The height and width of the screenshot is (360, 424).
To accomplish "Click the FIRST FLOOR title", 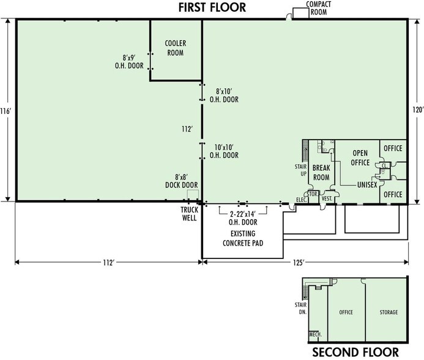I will coord(212,7).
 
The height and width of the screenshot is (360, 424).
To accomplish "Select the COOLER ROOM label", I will coord(176,48).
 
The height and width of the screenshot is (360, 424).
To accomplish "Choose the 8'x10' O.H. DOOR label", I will coord(223,95).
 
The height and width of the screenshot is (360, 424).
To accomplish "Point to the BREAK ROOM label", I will coord(321,173).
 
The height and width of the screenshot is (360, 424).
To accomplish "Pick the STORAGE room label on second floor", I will coord(386,313).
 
